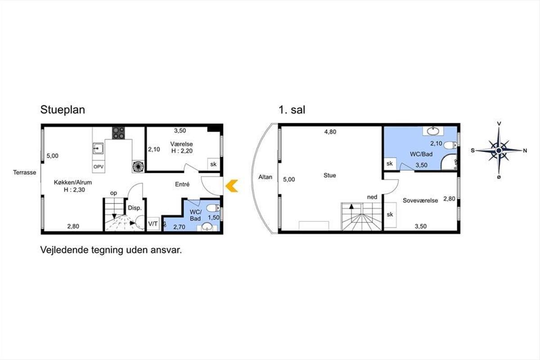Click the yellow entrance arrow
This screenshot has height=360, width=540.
point(232,186)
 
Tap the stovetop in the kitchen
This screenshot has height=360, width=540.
point(118,133)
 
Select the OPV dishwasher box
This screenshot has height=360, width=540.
point(99,166)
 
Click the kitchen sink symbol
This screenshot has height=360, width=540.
point(98,148)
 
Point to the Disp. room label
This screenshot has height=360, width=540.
point(135,208)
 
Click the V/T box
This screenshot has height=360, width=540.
point(153,224)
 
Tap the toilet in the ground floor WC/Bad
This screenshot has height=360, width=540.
point(213,208)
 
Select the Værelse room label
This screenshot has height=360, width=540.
point(181,144)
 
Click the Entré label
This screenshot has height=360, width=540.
point(182,184)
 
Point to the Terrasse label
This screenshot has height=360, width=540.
point(25,172)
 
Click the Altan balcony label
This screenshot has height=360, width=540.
point(265,177)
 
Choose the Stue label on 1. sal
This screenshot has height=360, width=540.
point(329,175)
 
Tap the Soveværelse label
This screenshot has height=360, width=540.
point(420,200)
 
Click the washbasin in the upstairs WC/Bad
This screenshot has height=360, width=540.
point(433,131)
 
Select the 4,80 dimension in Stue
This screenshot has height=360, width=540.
point(330,132)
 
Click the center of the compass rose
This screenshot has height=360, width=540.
point(499,151)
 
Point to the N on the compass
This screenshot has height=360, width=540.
point(525,151)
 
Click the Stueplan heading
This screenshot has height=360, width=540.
point(63,110)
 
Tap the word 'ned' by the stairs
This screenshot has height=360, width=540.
point(372,197)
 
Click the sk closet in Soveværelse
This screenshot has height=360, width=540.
point(390,215)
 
